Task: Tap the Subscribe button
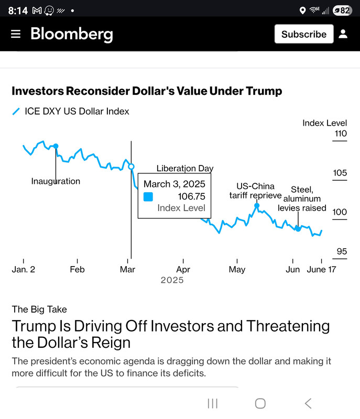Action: point(304,34)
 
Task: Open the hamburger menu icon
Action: point(16,34)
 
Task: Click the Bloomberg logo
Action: point(72,35)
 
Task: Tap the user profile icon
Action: point(343,34)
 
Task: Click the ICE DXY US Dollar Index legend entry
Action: point(71,111)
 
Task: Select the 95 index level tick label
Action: point(342,251)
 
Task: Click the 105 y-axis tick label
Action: point(340,173)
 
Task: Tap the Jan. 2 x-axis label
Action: point(24,269)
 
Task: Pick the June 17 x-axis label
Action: point(321,269)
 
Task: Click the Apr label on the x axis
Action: point(183,269)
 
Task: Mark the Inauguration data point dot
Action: point(56,146)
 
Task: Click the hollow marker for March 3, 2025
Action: point(131,167)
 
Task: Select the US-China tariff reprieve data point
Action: point(257,205)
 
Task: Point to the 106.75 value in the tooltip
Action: point(191,196)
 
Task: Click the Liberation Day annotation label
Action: point(185,168)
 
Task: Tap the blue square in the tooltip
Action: point(148,197)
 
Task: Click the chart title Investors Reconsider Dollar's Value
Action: point(147,91)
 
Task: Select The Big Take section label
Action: point(39,309)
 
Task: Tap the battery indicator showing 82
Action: point(342,10)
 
